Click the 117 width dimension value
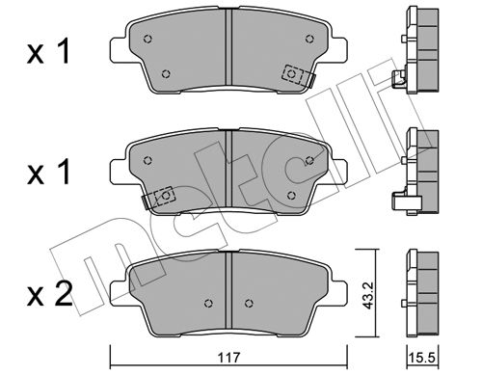tap(228, 358)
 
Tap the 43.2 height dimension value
tap(368, 295)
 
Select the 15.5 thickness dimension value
tap(422, 358)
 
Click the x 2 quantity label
tap(49, 295)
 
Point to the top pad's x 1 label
tap(48, 51)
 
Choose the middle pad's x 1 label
tap(48, 173)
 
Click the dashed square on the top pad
tap(292, 74)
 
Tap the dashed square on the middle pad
tap(165, 195)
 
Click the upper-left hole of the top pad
tap(147, 39)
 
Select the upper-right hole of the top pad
tap(309, 39)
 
